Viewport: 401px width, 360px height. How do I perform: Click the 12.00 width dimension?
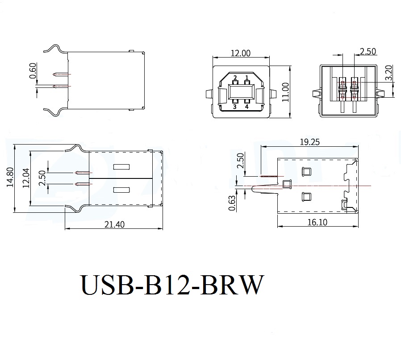coord(240,53)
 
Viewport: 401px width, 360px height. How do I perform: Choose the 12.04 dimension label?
coord(25,178)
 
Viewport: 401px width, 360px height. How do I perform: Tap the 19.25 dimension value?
coord(309,142)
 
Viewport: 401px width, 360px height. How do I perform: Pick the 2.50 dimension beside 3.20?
coord(367,52)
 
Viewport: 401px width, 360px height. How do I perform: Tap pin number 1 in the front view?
coord(246,78)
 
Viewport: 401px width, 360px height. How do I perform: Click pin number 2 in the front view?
coord(235,78)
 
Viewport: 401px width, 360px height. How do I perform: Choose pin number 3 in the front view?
coord(235,107)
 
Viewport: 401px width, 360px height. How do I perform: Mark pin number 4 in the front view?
coord(246,107)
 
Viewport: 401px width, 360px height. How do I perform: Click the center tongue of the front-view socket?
coord(241,92)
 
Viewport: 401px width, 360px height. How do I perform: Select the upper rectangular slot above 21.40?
coord(121,167)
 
